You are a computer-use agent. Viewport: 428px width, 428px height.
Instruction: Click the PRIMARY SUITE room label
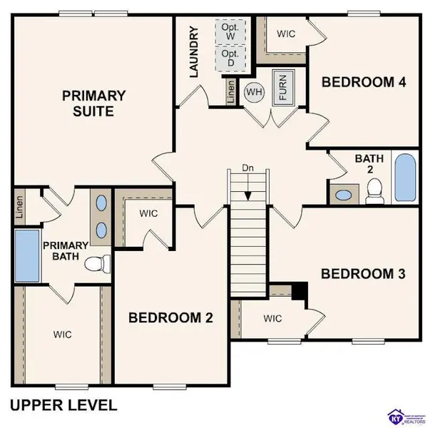pyautogui.click(x=93, y=103)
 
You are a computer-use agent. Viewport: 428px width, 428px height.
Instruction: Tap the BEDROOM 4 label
pyautogui.click(x=364, y=81)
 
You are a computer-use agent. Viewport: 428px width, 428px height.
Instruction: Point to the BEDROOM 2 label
pyautogui.click(x=171, y=318)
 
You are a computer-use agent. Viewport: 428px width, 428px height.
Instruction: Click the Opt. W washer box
pyautogui.click(x=230, y=31)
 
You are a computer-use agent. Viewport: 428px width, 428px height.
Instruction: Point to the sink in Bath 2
pyautogui.click(x=345, y=193)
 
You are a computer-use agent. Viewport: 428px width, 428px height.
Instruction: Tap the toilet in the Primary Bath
pyautogui.click(x=96, y=265)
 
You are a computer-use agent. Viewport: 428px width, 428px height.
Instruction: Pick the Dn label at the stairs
pyautogui.click(x=246, y=168)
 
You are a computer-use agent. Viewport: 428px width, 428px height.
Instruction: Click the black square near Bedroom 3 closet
pyautogui.click(x=300, y=291)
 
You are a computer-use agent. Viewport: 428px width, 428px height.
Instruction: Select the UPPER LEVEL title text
pyautogui.click(x=63, y=405)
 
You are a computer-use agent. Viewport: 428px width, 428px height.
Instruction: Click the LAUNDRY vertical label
pyautogui.click(x=193, y=51)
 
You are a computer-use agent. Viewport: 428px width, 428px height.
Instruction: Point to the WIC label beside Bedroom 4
pyautogui.click(x=287, y=34)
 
